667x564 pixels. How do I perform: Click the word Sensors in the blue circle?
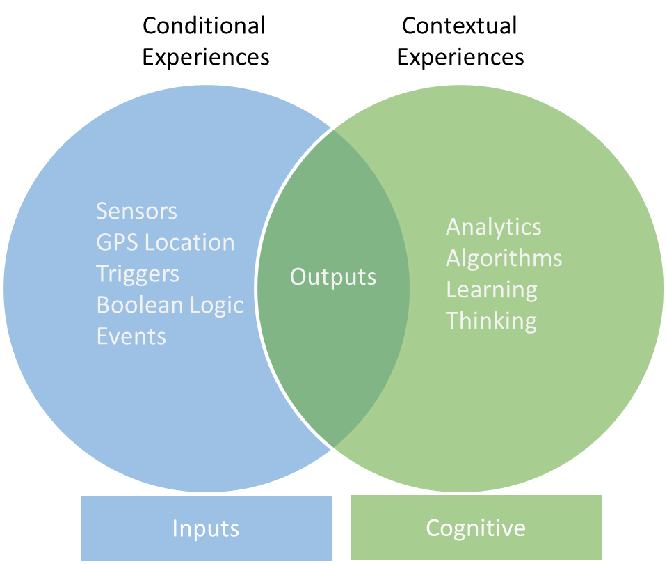(x=136, y=211)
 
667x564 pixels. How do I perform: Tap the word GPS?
(x=115, y=242)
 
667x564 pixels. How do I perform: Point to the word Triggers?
(x=138, y=274)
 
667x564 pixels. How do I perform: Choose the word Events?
(x=131, y=336)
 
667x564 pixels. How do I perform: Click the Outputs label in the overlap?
(x=333, y=277)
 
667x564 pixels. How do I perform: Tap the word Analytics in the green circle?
(x=493, y=227)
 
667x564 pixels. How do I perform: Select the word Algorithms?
(x=504, y=258)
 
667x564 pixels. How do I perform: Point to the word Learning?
(x=491, y=290)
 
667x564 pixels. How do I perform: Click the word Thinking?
(x=491, y=321)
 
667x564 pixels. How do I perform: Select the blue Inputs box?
(x=207, y=527)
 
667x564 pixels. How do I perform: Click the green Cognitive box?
(x=476, y=527)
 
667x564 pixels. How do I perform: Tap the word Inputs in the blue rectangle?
(x=206, y=528)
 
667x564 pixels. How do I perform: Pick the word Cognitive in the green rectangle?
(x=476, y=528)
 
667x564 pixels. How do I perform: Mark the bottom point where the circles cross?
(x=334, y=448)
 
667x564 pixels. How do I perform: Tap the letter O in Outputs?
(x=298, y=277)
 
